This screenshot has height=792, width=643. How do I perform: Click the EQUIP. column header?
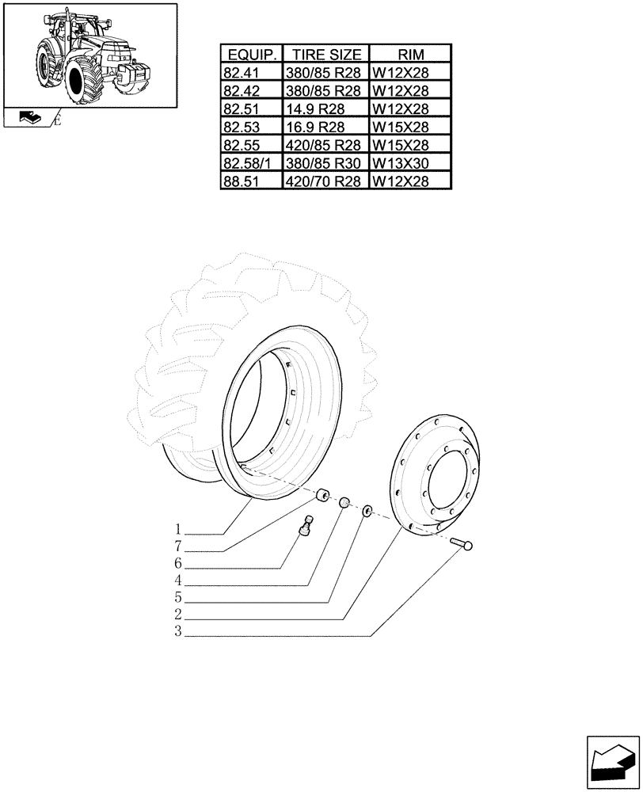[252, 55]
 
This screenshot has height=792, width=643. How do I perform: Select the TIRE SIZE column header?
[326, 55]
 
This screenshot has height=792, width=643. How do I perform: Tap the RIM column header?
[411, 55]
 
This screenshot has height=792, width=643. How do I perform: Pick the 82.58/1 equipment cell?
[252, 163]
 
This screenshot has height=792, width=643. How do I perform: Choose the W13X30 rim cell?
[411, 163]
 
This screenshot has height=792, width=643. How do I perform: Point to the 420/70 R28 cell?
[326, 181]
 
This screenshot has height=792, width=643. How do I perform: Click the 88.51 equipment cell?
[252, 181]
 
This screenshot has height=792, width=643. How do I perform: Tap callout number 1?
[179, 529]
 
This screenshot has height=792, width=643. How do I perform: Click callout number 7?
[179, 546]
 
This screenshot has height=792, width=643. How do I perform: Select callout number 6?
[179, 564]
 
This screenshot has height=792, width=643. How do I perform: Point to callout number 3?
[179, 632]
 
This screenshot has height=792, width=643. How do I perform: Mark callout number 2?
[179, 615]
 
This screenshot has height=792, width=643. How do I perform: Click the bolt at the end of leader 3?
[462, 543]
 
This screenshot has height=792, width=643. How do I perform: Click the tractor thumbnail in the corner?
[89, 55]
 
